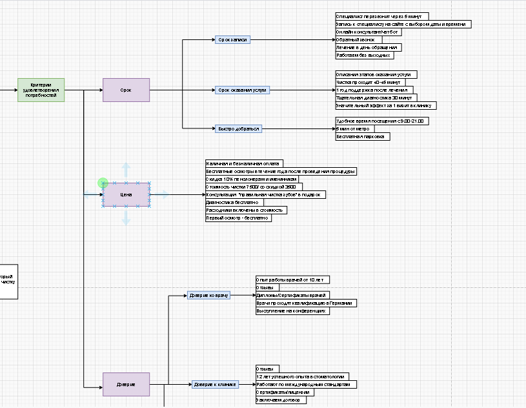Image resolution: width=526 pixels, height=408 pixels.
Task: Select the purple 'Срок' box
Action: pyautogui.click(x=126, y=90)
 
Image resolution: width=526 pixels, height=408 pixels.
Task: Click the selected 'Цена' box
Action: pyautogui.click(x=126, y=194)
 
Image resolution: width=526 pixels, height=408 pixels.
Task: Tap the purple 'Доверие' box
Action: pyautogui.click(x=126, y=384)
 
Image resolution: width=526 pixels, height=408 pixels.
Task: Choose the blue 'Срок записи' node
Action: pyautogui.click(x=233, y=39)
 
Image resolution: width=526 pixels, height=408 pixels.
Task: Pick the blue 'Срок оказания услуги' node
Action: pyautogui.click(x=242, y=90)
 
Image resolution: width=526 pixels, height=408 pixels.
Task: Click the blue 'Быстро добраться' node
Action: pyautogui.click(x=239, y=128)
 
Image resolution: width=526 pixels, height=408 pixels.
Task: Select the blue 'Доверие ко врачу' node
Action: pyautogui.click(x=209, y=295)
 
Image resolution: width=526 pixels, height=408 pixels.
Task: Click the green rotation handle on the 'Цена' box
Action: pyautogui.click(x=103, y=183)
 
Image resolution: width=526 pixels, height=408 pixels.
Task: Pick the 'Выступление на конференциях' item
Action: pyautogui.click(x=292, y=311)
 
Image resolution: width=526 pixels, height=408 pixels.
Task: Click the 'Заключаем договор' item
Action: pyautogui.click(x=281, y=400)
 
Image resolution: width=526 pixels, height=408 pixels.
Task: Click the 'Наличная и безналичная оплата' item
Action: pyautogui.click(x=244, y=163)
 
